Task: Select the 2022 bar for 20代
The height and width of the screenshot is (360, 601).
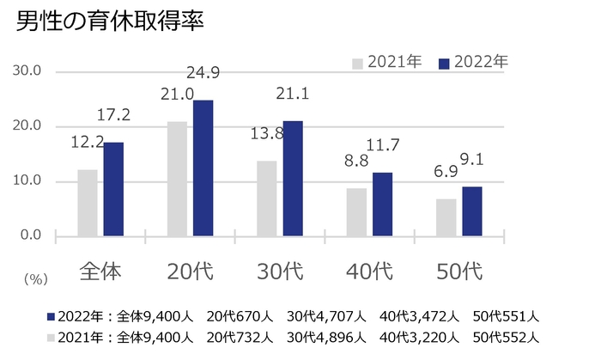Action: (203, 168)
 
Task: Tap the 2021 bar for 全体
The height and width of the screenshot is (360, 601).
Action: (88, 203)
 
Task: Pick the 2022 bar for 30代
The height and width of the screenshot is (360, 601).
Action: (293, 179)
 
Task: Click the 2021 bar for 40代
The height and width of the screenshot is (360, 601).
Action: (355, 212)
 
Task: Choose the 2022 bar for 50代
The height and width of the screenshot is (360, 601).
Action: (472, 211)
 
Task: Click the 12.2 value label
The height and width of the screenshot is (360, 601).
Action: (87, 141)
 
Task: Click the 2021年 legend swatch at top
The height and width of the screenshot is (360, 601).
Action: (357, 63)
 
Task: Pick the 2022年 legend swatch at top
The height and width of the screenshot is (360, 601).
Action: (444, 63)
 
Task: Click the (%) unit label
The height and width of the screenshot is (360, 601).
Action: (37, 278)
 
